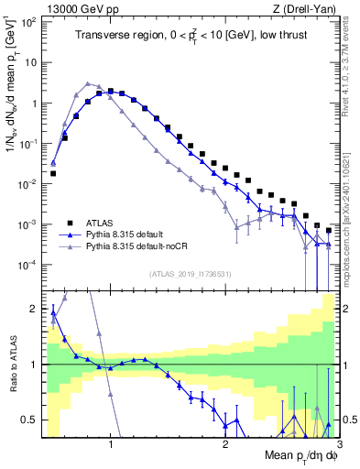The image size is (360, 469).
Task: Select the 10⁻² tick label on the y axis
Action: pyautogui.click(x=30, y=184)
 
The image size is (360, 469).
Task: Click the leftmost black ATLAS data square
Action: pyautogui.click(x=53, y=173)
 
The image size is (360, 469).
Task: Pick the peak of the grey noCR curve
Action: pyautogui.click(x=87, y=82)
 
